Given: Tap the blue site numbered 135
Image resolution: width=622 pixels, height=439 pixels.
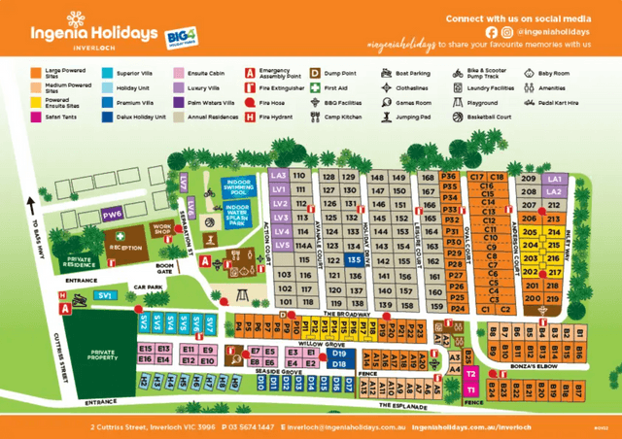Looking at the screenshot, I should [x=356, y=260].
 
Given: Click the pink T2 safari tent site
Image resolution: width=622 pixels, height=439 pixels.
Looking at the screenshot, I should [x=470, y=373].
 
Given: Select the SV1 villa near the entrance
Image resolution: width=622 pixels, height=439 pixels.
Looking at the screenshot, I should [x=106, y=293].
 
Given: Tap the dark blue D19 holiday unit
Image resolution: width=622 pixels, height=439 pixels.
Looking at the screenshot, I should [x=339, y=355].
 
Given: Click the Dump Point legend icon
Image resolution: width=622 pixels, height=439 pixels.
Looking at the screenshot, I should [x=315, y=73].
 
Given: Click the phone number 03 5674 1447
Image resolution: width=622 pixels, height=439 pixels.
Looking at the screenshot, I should [x=253, y=426].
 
